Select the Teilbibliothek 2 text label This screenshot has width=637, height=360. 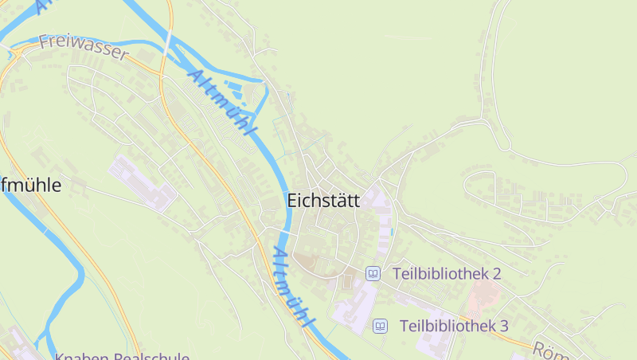[446, 274]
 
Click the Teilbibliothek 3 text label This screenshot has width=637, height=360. [454, 326]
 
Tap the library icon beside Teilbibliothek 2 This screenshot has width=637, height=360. [372, 274]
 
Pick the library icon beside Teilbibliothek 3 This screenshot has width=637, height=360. [380, 326]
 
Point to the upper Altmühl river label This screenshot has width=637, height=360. [223, 103]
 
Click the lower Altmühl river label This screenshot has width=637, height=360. [290, 287]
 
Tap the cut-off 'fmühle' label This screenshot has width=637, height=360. [32, 186]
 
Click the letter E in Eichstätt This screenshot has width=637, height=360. [291, 202]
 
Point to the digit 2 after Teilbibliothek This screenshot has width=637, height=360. [496, 274]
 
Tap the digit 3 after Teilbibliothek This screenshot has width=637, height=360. [503, 326]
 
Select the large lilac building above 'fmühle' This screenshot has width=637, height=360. [140, 182]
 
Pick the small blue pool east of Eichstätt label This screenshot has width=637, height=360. [392, 231]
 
